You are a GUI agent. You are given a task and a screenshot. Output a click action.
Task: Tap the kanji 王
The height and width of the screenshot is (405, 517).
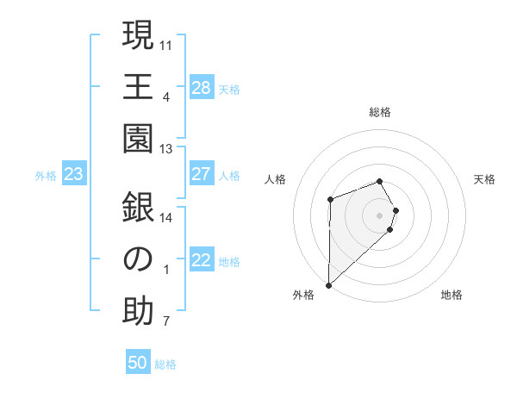click(138, 86)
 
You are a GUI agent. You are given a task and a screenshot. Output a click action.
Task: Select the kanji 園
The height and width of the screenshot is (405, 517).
click(138, 139)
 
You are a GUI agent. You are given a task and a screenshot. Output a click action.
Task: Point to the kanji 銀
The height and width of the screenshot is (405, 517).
click(138, 208)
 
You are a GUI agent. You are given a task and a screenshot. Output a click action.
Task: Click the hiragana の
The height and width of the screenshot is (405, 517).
click(138, 260)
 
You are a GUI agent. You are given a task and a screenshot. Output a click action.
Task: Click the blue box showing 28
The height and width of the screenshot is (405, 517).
click(202, 87)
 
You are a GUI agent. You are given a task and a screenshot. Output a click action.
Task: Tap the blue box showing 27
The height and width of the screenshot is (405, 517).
click(202, 174)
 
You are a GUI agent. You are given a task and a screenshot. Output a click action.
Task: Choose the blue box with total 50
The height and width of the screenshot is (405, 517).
click(138, 363)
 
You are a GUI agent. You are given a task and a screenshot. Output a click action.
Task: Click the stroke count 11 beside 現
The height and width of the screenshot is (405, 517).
click(166, 44)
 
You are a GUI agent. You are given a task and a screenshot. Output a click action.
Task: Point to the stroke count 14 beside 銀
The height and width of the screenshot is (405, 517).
click(166, 217)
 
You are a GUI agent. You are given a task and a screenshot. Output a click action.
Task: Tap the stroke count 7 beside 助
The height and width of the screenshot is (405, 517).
click(165, 322)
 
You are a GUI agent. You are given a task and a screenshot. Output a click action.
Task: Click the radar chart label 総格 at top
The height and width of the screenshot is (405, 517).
click(380, 112)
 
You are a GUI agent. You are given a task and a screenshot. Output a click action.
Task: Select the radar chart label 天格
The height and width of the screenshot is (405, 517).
click(484, 179)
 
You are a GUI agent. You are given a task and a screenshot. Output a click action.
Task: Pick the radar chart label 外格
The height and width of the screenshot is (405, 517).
click(303, 295)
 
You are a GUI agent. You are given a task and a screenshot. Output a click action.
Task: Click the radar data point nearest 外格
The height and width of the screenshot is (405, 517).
click(328, 283)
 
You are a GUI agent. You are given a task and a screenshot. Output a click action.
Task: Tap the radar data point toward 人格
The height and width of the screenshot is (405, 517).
click(330, 200)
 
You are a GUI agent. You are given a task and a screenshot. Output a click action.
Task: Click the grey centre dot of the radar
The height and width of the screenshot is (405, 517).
click(380, 214)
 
